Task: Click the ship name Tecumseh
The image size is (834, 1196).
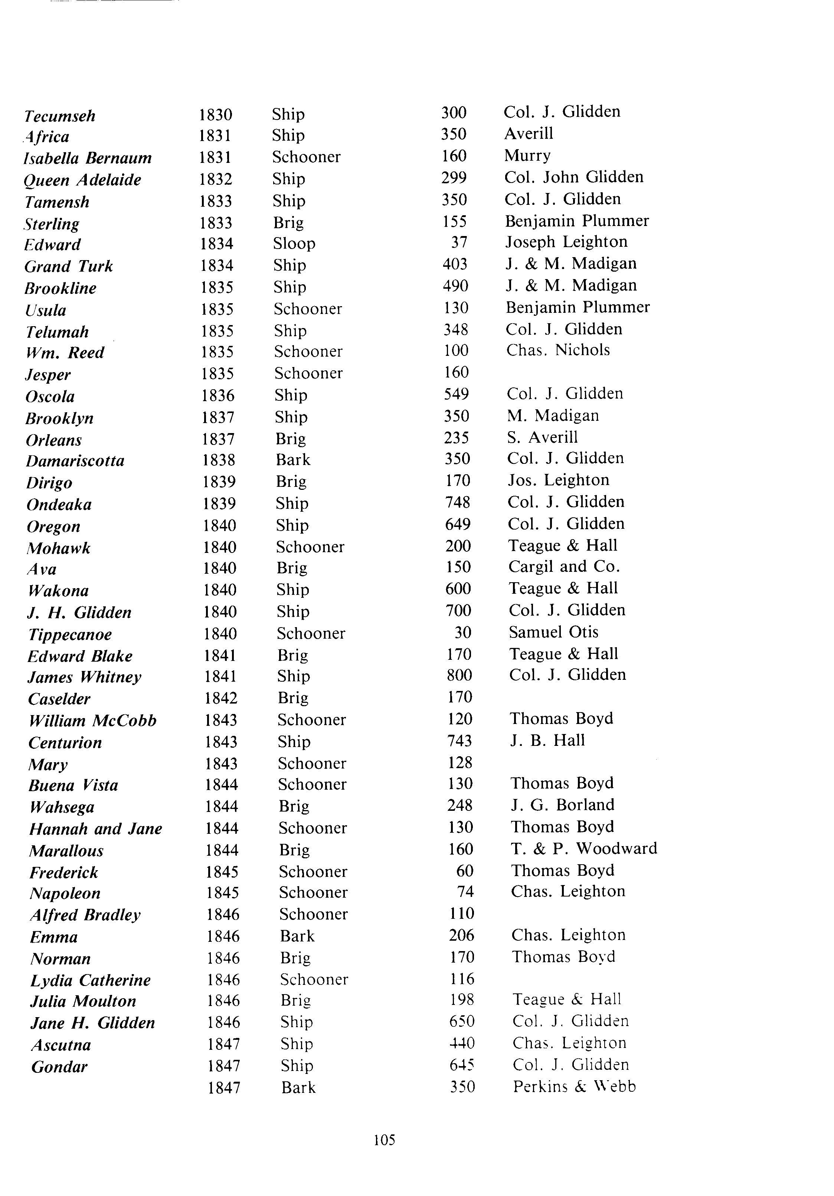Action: pos(60,116)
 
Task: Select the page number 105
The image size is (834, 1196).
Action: pos(385,1140)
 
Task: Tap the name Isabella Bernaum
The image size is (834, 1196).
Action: pos(88,158)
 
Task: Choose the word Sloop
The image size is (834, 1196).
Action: pos(294,244)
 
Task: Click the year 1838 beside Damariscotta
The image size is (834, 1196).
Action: pos(218,460)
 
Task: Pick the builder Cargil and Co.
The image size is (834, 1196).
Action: pos(564,567)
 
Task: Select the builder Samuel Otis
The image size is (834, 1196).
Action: pos(554,632)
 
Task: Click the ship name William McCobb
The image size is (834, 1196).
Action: pos(93,721)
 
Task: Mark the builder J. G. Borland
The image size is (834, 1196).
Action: pos(563,805)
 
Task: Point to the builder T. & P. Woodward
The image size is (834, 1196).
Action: pos(584,849)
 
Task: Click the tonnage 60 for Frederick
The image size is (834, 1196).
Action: pos(465,871)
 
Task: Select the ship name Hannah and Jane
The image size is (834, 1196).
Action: pos(96,829)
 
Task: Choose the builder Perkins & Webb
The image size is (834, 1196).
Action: pos(574,1087)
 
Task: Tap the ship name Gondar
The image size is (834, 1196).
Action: pos(59,1067)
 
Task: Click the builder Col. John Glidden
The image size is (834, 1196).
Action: pos(573,177)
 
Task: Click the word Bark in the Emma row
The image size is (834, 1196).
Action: pos(297,936)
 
